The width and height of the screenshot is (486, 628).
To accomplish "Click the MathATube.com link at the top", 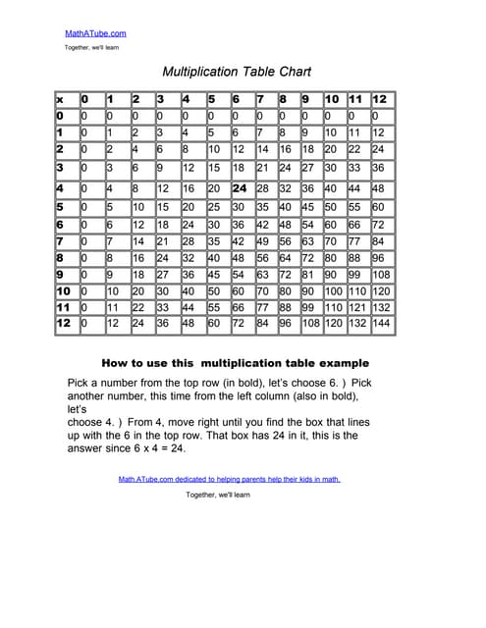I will tap(95, 33).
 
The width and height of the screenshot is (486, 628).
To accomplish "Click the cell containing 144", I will tap(380, 323).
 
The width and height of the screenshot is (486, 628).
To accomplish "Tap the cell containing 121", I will tap(356, 307).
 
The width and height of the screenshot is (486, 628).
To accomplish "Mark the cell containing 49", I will tap(262, 241).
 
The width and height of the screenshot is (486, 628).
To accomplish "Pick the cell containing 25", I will tap(214, 207).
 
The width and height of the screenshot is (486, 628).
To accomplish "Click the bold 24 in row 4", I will tap(239, 188).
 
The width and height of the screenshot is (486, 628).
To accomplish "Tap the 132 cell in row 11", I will tap(380, 307).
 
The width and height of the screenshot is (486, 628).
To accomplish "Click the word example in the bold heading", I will tap(340, 362).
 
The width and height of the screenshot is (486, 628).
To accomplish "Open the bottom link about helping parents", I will tap(229, 480).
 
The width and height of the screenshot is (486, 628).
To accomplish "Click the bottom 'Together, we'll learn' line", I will tap(219, 496).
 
